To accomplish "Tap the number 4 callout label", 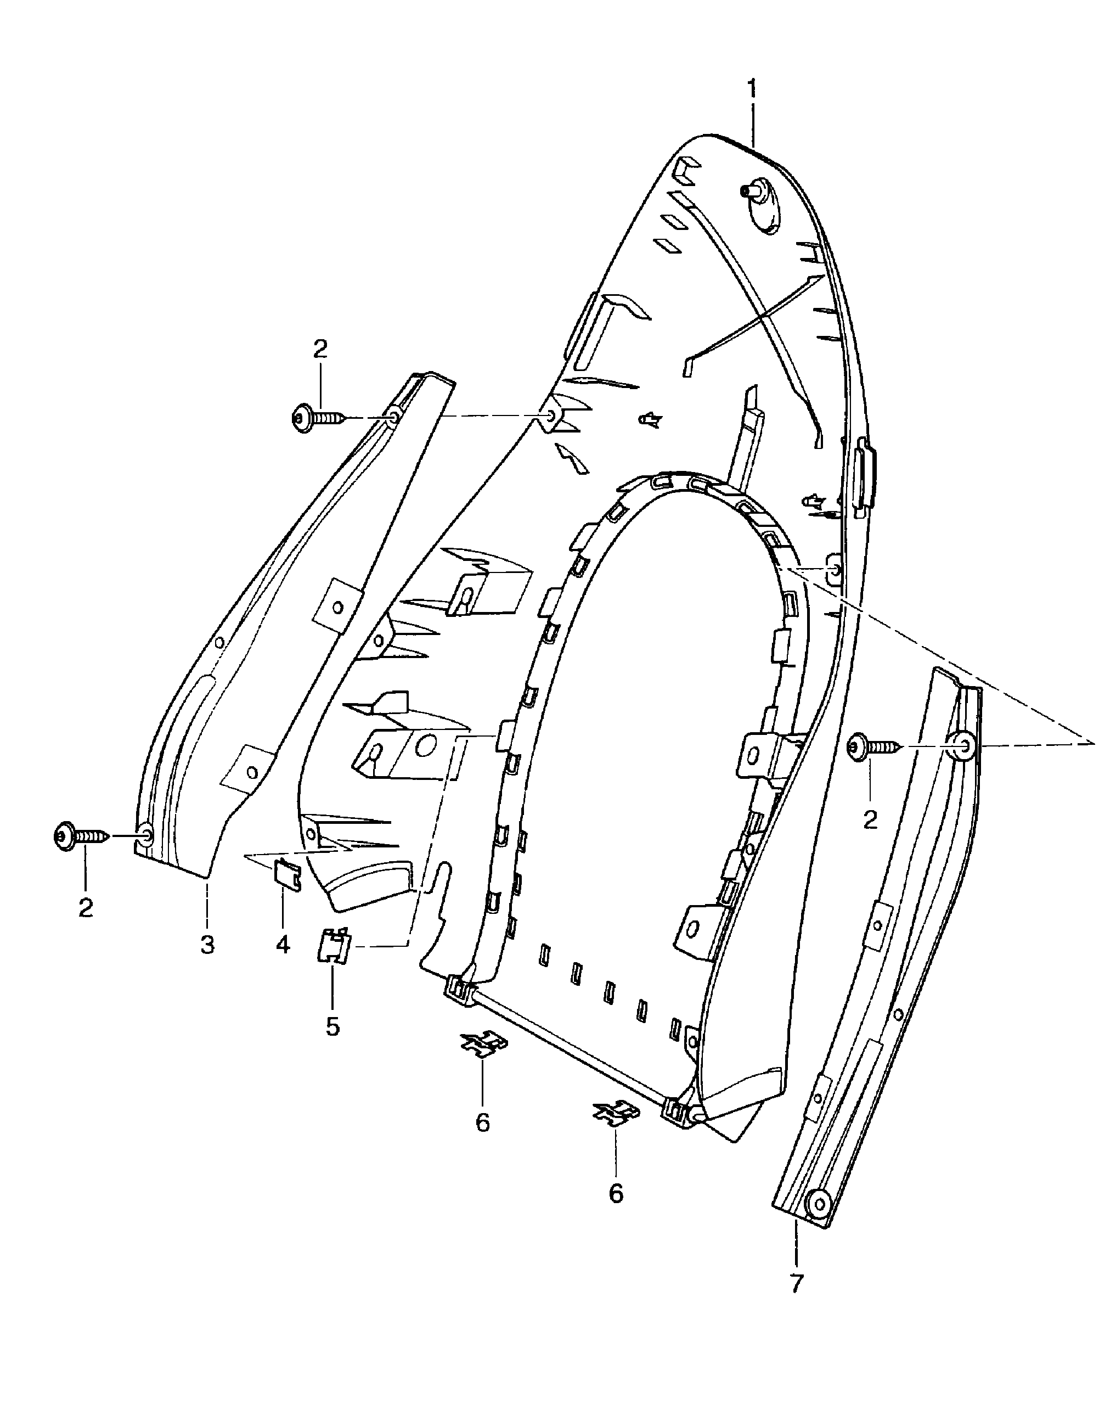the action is [283, 944].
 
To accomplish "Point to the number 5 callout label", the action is [332, 1027].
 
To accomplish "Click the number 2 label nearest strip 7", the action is [871, 820].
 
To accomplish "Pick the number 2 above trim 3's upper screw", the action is [320, 350].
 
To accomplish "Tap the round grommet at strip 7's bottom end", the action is [817, 1200].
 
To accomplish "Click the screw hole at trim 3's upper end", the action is [393, 417].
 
